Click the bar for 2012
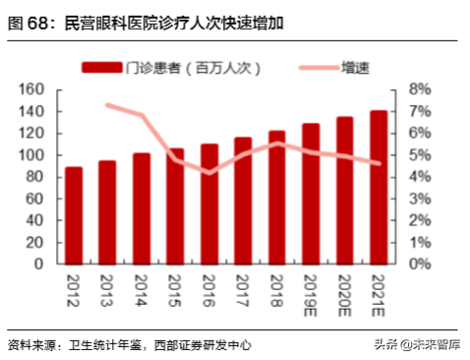[x=74, y=215]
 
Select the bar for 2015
[x=175, y=206]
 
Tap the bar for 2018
[x=276, y=198]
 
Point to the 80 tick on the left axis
[x=37, y=177]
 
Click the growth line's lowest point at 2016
[x=209, y=173]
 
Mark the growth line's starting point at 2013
[x=108, y=104]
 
